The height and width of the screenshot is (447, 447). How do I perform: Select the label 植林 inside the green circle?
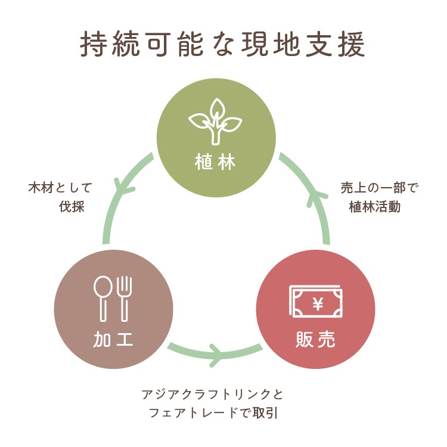216,162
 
